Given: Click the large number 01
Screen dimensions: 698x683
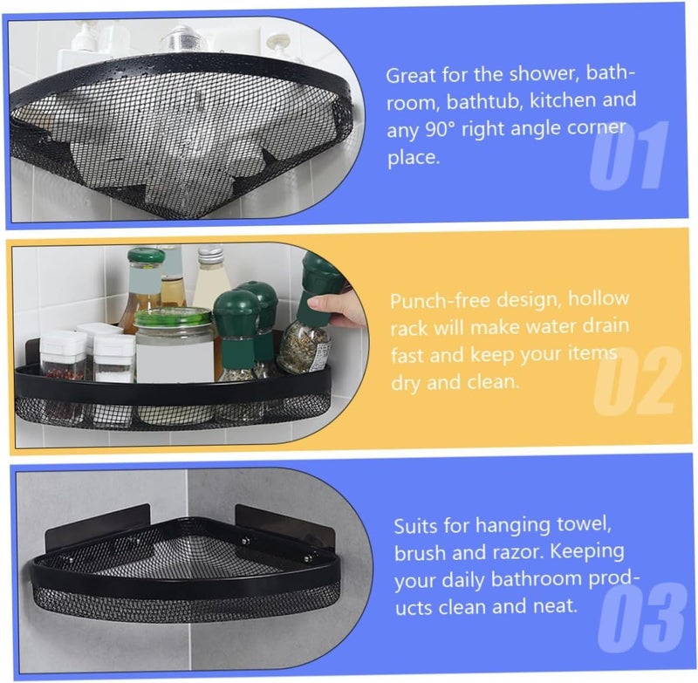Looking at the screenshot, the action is [x=629, y=155].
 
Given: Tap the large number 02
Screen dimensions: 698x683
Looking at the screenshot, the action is [x=638, y=380].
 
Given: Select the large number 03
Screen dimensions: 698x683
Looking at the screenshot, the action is [x=641, y=618].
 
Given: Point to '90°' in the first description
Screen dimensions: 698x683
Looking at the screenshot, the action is [x=441, y=129].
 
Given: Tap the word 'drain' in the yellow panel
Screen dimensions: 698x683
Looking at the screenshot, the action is [x=606, y=326].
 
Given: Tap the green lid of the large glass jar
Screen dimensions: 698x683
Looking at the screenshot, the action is [x=173, y=318].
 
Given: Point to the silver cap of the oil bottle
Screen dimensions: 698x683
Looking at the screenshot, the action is [x=210, y=253].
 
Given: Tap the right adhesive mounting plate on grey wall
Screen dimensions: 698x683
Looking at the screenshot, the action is [x=285, y=525].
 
